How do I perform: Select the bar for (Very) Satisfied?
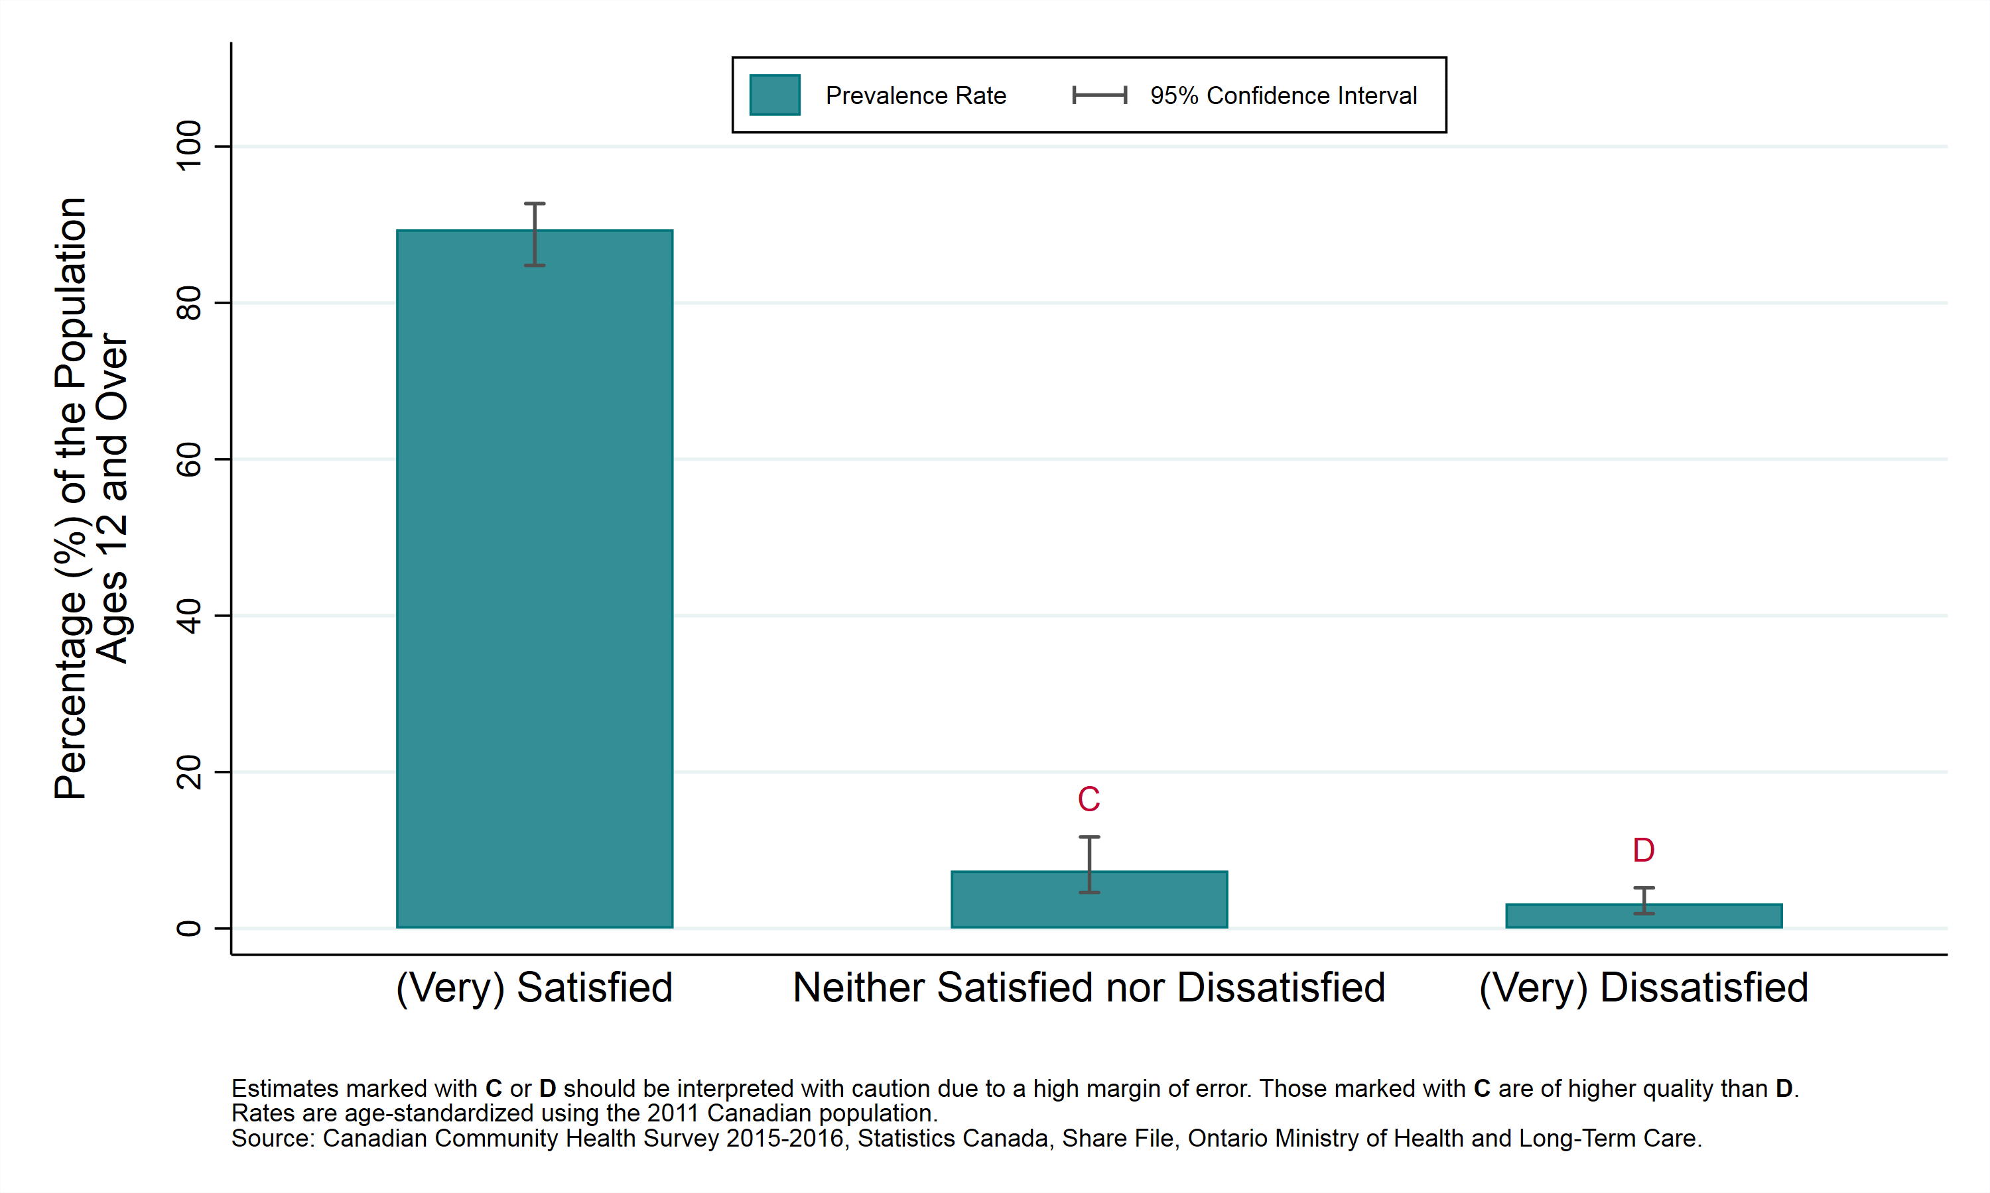(x=534, y=579)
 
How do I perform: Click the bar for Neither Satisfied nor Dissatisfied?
(x=1089, y=900)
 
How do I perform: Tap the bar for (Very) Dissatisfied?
(x=1643, y=917)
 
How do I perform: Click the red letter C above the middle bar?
(x=1089, y=800)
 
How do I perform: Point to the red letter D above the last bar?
(x=1643, y=850)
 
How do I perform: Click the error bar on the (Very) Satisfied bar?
(x=534, y=234)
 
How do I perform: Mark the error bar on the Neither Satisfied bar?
(x=1089, y=864)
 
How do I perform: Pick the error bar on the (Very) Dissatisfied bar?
(x=1643, y=900)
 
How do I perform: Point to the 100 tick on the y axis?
(x=189, y=146)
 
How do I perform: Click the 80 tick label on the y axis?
(x=189, y=303)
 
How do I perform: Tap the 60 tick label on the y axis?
(x=189, y=460)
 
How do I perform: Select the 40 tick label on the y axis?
(x=189, y=616)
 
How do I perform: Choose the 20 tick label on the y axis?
(x=189, y=771)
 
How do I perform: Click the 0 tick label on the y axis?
(x=189, y=929)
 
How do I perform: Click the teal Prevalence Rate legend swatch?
(x=775, y=95)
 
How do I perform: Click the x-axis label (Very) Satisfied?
(x=534, y=988)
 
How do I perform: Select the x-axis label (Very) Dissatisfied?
(x=1643, y=988)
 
